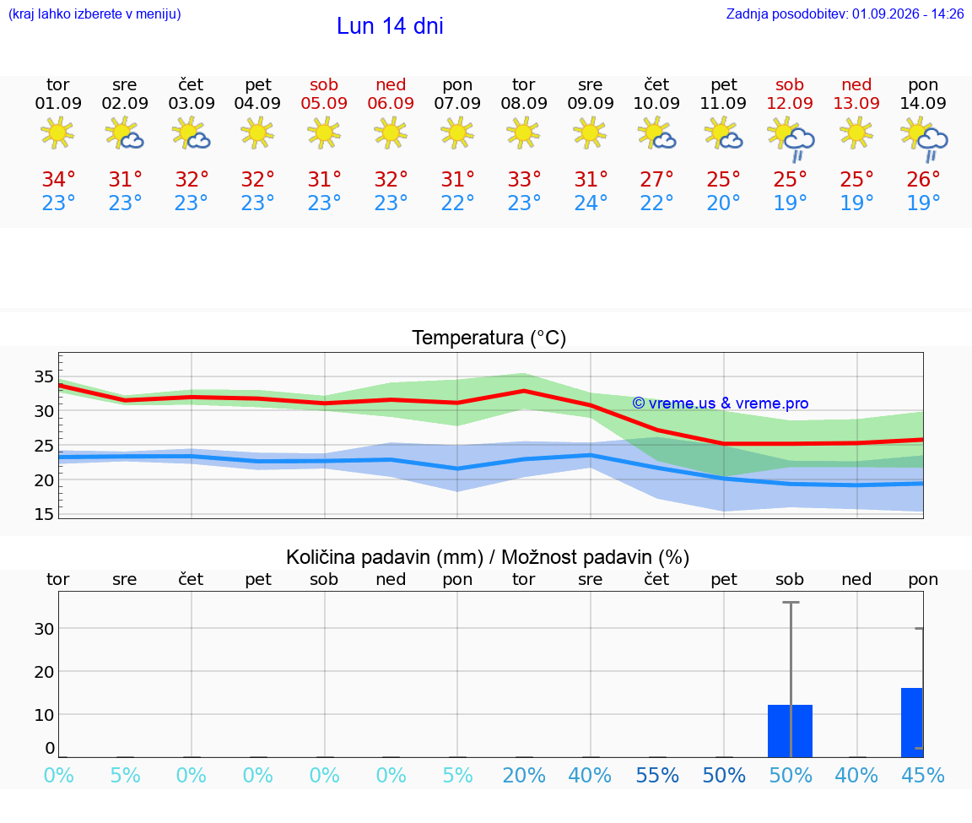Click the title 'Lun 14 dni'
point(390,26)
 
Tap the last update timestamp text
point(845,14)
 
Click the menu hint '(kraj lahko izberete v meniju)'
point(94,14)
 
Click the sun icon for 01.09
point(57,133)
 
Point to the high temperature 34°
point(58,179)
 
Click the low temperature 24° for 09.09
point(590,203)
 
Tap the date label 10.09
point(656,103)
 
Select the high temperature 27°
point(656,179)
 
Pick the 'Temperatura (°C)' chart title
point(489,338)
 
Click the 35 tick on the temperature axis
point(44,376)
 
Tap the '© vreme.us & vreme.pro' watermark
point(721,403)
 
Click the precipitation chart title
point(488,557)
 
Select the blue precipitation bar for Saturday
point(791,731)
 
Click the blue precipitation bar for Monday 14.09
point(912,723)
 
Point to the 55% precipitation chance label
point(657,775)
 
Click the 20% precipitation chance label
point(524,775)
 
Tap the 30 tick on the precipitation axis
point(44,628)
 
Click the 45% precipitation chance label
point(923,775)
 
